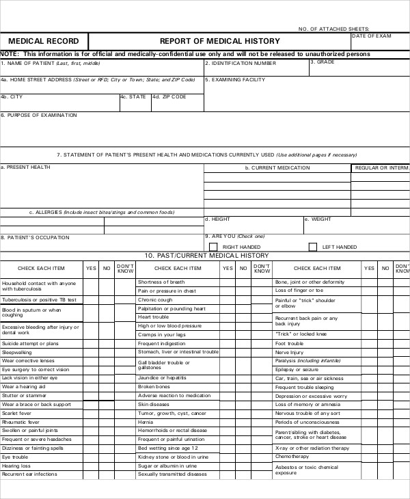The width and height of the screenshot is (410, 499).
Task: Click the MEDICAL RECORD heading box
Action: point(44,41)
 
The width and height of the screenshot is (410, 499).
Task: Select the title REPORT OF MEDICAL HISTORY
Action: point(219,41)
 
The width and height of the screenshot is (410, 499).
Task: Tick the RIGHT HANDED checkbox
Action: point(213,247)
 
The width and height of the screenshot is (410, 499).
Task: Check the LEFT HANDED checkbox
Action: point(313,247)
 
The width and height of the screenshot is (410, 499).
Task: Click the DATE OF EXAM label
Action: point(372,36)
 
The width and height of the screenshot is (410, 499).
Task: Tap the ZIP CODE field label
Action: point(169,97)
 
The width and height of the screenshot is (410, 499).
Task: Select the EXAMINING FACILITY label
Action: point(236,79)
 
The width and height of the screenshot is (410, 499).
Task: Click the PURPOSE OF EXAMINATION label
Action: point(39,115)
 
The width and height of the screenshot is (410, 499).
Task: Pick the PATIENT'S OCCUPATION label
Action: point(35,237)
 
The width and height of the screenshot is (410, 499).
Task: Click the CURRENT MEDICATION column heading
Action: point(277,167)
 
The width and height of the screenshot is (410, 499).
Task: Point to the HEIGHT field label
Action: point(217,219)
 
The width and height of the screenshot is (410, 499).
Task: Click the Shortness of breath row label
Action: point(161,282)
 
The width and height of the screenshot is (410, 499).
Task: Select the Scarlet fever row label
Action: point(17,413)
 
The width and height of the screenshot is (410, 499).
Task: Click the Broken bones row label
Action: point(154,386)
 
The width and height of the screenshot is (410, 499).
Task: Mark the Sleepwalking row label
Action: point(17,351)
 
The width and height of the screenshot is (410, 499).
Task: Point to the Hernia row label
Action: point(146,422)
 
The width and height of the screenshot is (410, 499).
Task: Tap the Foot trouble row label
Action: point(288,343)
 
